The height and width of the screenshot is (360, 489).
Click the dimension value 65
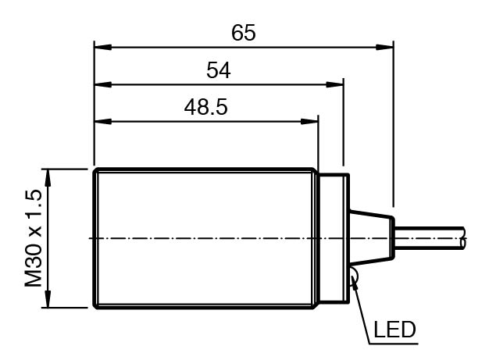(x=243, y=33)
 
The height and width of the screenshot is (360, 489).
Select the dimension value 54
(x=218, y=70)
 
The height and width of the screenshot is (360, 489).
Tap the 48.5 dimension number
(x=205, y=107)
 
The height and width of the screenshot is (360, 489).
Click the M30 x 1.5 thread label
(x=33, y=238)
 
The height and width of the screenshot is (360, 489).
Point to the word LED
(x=394, y=330)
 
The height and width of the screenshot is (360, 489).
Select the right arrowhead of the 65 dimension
(x=384, y=48)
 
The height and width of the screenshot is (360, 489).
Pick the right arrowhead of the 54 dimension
(x=334, y=84)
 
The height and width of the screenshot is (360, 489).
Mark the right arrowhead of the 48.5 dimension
(x=309, y=121)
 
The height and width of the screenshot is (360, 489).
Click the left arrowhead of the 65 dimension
(x=103, y=48)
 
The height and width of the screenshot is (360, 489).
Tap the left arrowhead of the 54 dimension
(x=103, y=84)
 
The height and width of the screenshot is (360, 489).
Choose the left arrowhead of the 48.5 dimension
(x=103, y=121)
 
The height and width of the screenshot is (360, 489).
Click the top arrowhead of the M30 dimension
(x=48, y=178)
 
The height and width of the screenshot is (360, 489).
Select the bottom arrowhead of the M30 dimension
(x=48, y=299)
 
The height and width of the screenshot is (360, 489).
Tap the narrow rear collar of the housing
(x=334, y=238)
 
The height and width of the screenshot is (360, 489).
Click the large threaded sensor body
(x=206, y=238)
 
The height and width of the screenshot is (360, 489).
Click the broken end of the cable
(x=464, y=238)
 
